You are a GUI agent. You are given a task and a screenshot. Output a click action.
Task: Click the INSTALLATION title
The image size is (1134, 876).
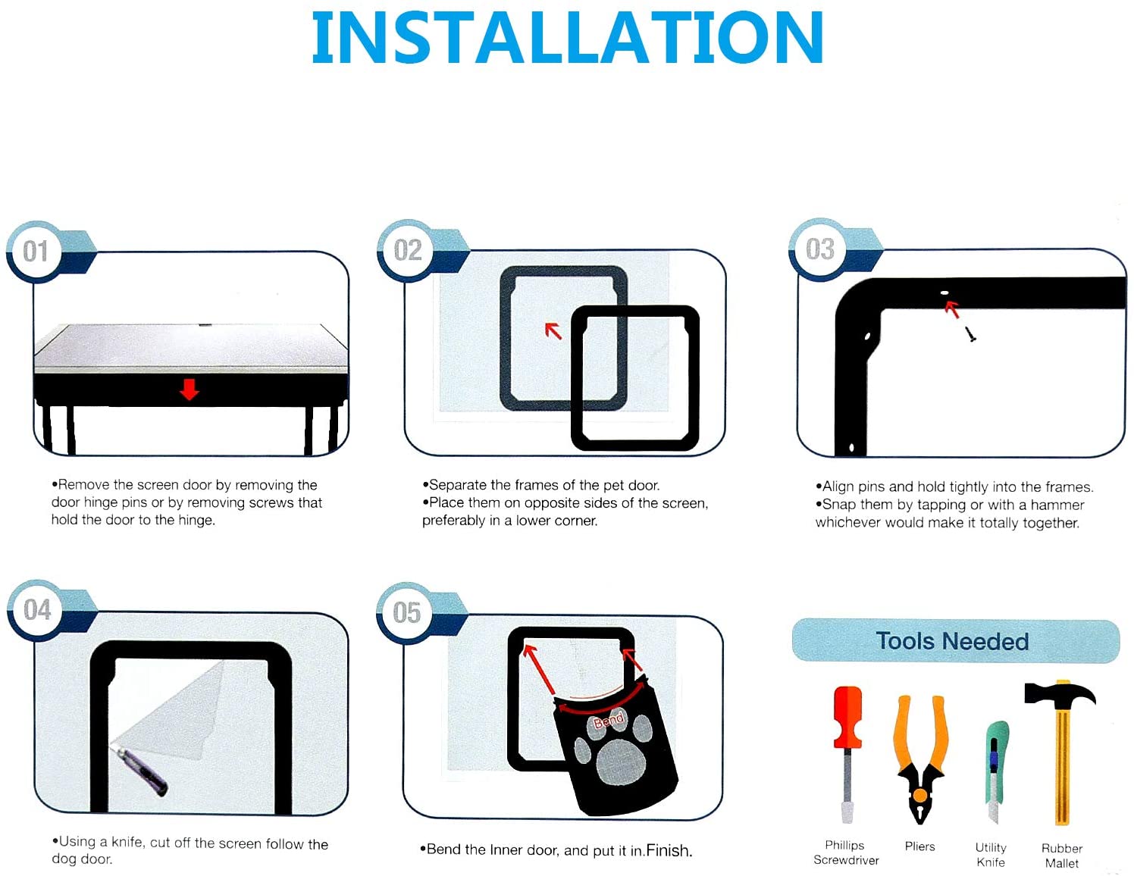tap(567, 38)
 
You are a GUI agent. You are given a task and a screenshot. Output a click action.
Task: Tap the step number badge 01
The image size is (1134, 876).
tap(36, 252)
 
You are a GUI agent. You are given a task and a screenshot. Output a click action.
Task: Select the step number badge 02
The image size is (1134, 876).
tap(407, 250)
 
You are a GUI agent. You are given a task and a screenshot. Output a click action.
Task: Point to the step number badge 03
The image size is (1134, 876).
tap(819, 249)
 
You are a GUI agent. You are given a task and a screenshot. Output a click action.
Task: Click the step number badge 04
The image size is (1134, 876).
tap(37, 610)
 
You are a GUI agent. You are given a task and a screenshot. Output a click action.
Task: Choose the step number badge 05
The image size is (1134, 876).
tap(406, 612)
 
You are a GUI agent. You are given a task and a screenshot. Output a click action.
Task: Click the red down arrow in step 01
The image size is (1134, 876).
tap(189, 390)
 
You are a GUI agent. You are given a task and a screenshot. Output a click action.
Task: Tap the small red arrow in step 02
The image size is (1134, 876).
tap(553, 330)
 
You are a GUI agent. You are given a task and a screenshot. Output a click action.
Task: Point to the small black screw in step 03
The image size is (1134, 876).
tap(970, 334)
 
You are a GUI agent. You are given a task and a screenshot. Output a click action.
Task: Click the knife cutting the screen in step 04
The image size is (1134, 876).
tap(142, 770)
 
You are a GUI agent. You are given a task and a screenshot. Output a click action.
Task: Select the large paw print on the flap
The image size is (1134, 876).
tap(622, 761)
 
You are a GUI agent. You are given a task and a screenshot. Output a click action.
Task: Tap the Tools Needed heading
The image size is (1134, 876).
tap(953, 641)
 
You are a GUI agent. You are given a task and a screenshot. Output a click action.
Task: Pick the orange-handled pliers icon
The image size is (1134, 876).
tap(919, 758)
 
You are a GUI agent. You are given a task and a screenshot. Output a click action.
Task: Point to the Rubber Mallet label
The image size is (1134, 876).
tap(1061, 856)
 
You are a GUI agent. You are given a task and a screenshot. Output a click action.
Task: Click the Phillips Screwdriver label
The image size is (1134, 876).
tap(846, 853)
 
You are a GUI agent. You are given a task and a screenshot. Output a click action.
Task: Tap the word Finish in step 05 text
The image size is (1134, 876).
tap(669, 850)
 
